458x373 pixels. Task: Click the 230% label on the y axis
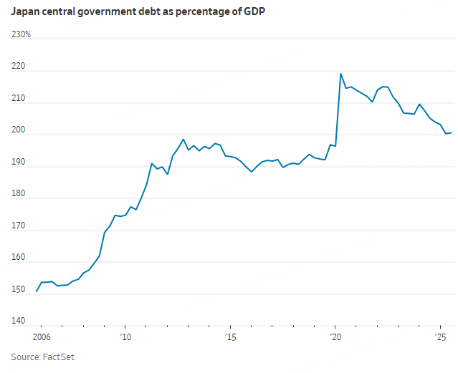click(x=21, y=34)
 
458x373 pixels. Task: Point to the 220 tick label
click(x=18, y=67)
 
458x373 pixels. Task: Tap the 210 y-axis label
click(x=18, y=99)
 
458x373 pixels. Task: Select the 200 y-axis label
click(x=18, y=131)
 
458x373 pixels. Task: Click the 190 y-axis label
click(x=18, y=163)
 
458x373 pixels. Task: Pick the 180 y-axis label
click(x=18, y=195)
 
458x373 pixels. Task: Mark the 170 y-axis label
click(x=18, y=226)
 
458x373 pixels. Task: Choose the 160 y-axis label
click(x=18, y=258)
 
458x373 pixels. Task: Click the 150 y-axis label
click(x=18, y=290)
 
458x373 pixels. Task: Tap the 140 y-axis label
click(x=18, y=322)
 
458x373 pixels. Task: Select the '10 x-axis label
click(x=125, y=336)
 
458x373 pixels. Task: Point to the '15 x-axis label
click(x=230, y=336)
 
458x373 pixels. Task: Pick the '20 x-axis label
click(x=335, y=336)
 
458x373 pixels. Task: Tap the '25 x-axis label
click(x=440, y=336)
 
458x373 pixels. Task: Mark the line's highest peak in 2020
click(x=340, y=74)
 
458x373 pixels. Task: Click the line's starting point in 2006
click(x=37, y=291)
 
